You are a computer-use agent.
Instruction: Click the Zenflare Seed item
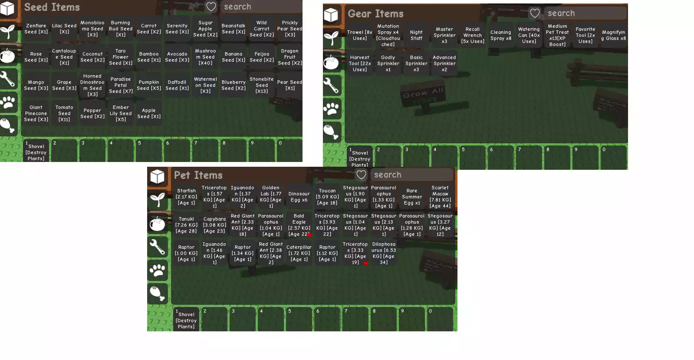pos(36,29)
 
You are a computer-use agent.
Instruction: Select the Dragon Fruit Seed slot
pos(290,57)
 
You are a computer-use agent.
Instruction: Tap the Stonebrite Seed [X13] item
pos(262,85)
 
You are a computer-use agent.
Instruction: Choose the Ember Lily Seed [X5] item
pos(121,113)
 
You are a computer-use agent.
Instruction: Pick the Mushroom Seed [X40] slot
pos(205,57)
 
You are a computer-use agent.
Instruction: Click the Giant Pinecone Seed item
pos(36,113)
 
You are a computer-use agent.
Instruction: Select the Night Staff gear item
pos(416,35)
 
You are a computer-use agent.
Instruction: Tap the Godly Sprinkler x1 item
pos(388,63)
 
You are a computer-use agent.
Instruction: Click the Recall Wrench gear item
pos(473,35)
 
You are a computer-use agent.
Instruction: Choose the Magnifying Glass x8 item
pos(614,35)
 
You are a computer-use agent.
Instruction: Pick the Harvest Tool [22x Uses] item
pos(360,63)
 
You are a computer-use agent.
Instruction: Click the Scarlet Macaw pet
pos(440,197)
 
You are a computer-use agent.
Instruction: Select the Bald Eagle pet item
pos(299,225)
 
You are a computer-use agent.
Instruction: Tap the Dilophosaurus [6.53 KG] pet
pos(384,253)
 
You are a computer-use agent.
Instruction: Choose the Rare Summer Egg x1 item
pos(412,197)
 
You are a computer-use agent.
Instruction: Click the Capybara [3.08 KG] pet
pos(214,225)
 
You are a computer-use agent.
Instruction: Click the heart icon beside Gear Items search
pos(535,13)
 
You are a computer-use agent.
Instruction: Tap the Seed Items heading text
pos(52,7)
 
